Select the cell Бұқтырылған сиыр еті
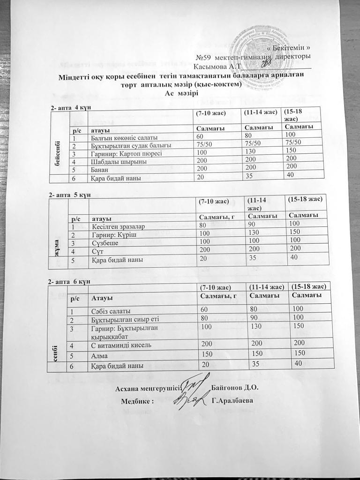click(123, 320)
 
